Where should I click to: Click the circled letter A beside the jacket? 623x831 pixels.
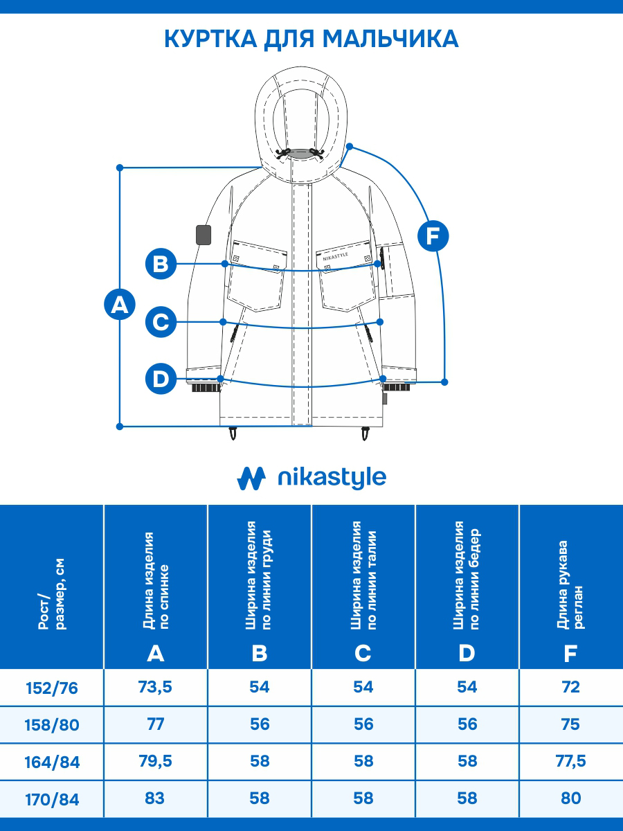pyautogui.click(x=120, y=305)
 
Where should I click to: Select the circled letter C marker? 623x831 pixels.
pyautogui.click(x=161, y=322)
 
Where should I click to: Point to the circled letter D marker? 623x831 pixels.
pyautogui.click(x=161, y=379)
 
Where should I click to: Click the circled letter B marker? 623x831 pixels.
pyautogui.click(x=161, y=264)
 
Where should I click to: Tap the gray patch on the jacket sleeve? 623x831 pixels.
pyautogui.click(x=204, y=235)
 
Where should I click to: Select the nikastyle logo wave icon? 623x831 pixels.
pyautogui.click(x=251, y=478)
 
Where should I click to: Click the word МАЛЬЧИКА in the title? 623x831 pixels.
pyautogui.click(x=390, y=39)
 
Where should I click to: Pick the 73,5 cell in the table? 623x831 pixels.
pyautogui.click(x=156, y=687)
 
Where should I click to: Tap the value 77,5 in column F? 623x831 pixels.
pyautogui.click(x=571, y=761)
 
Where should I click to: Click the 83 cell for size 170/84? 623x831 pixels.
pyautogui.click(x=156, y=798)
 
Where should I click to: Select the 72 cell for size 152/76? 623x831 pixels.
pyautogui.click(x=571, y=687)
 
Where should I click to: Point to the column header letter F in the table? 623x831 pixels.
pyautogui.click(x=571, y=653)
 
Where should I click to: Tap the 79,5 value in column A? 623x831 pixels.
pyautogui.click(x=156, y=761)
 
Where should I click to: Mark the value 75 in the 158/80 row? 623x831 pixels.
pyautogui.click(x=571, y=724)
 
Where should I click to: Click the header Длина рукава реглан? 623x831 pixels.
pyautogui.click(x=571, y=585)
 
